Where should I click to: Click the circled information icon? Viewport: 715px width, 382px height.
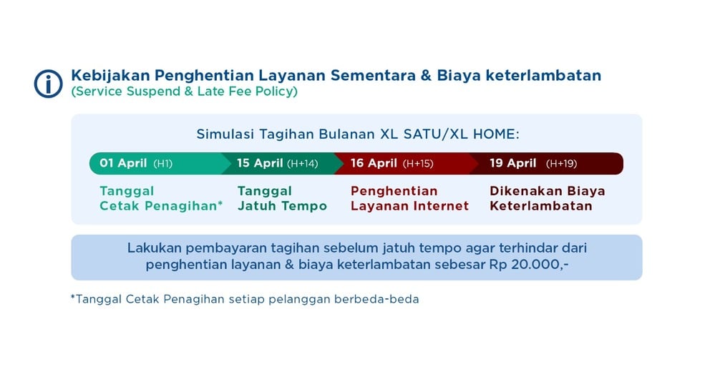(x=49, y=84)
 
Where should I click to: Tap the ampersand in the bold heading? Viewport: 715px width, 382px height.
(x=426, y=75)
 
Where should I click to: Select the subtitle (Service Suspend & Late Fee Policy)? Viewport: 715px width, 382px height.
(x=184, y=92)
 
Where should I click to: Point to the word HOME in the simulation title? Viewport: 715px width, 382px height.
(x=496, y=134)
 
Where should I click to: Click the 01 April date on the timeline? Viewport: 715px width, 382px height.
(x=123, y=163)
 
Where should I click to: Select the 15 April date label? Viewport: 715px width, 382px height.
(x=260, y=163)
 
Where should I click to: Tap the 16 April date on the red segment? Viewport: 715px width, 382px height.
(x=374, y=163)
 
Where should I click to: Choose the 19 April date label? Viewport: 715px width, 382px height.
(x=513, y=163)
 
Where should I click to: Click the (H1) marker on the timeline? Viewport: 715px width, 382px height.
(x=162, y=164)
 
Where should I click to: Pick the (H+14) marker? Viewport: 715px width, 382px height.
(x=302, y=164)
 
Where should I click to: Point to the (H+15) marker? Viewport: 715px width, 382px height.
(x=418, y=164)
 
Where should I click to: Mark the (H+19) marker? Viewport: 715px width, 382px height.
(x=561, y=164)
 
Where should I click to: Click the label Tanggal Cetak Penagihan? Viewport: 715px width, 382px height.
(x=161, y=198)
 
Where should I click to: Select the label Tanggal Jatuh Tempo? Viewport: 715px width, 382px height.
(x=282, y=198)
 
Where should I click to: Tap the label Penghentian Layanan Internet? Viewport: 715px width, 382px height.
(x=409, y=198)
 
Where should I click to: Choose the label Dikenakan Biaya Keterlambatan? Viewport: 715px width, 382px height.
(x=548, y=198)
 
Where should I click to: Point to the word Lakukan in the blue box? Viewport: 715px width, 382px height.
(x=155, y=248)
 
